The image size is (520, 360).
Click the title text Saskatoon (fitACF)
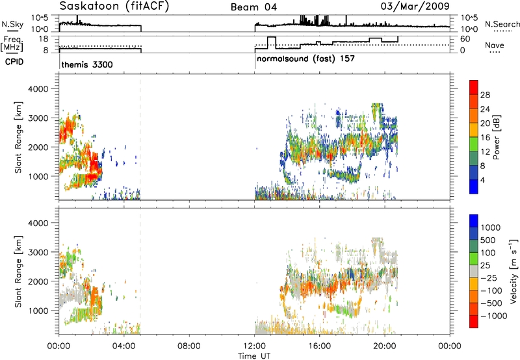(x=114, y=6)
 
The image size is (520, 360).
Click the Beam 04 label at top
(x=254, y=7)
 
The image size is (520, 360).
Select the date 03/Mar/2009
(x=415, y=6)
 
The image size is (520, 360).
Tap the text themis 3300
(x=87, y=64)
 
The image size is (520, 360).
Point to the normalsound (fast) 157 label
(x=305, y=59)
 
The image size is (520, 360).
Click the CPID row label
(x=14, y=62)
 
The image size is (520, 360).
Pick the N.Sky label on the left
(x=12, y=24)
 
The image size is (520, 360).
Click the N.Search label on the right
(x=502, y=24)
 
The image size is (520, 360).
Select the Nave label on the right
(x=495, y=45)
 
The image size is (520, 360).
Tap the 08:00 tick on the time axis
(x=189, y=346)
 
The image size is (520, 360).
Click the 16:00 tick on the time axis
(x=319, y=346)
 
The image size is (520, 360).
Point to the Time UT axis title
(x=254, y=356)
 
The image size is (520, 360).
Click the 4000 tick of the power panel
(x=38, y=89)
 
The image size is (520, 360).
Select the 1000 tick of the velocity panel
(x=38, y=311)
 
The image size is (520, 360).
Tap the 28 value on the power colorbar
(x=485, y=95)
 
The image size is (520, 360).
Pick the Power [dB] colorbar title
(x=497, y=137)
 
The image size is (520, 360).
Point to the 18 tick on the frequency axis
(x=44, y=39)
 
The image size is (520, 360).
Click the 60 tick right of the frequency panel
(x=465, y=39)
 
